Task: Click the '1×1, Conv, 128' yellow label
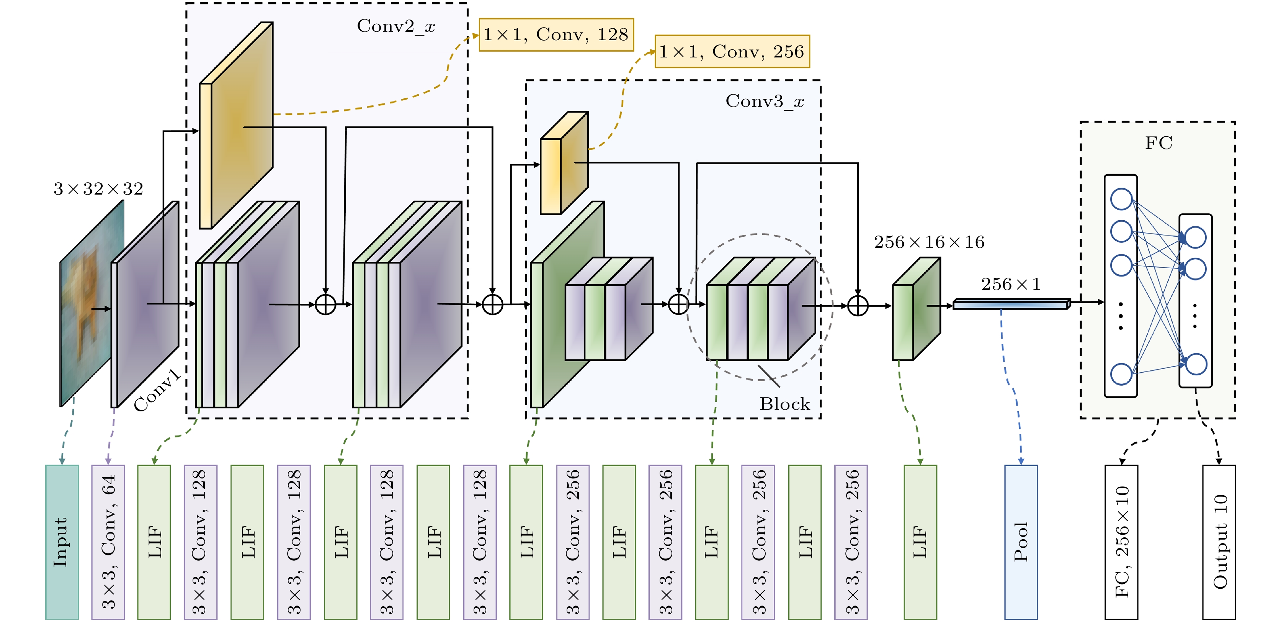[556, 35]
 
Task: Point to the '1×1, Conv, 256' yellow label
[732, 51]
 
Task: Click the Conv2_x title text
[396, 26]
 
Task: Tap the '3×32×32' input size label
[98, 188]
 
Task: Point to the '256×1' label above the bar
[1010, 284]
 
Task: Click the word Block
[785, 404]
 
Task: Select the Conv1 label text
[157, 391]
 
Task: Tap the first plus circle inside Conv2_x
[326, 304]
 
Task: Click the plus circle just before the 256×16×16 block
[858, 306]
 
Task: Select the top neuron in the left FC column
[1121, 199]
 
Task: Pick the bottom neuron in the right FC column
[1196, 364]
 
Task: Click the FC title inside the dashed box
[1158, 143]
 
